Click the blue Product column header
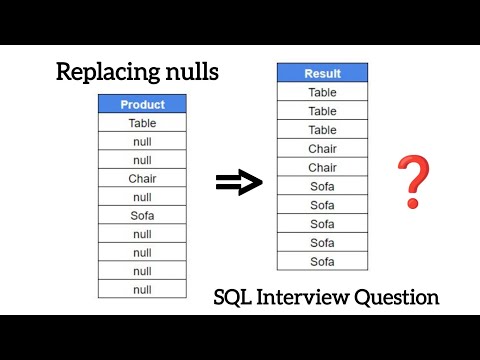tap(142, 104)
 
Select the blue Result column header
tap(322, 73)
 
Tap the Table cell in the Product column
tap(142, 123)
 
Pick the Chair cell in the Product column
tap(142, 179)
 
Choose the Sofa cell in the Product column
tap(142, 216)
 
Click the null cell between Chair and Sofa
tap(142, 197)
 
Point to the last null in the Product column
tap(142, 289)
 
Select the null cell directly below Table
tap(142, 142)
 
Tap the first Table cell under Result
tap(322, 92)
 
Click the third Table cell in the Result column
tap(322, 130)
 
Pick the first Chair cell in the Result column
tap(322, 149)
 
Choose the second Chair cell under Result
tap(322, 167)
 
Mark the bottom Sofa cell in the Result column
tap(322, 261)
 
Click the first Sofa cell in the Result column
tap(322, 186)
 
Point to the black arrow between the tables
tap(239, 182)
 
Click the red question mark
tap(407, 181)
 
